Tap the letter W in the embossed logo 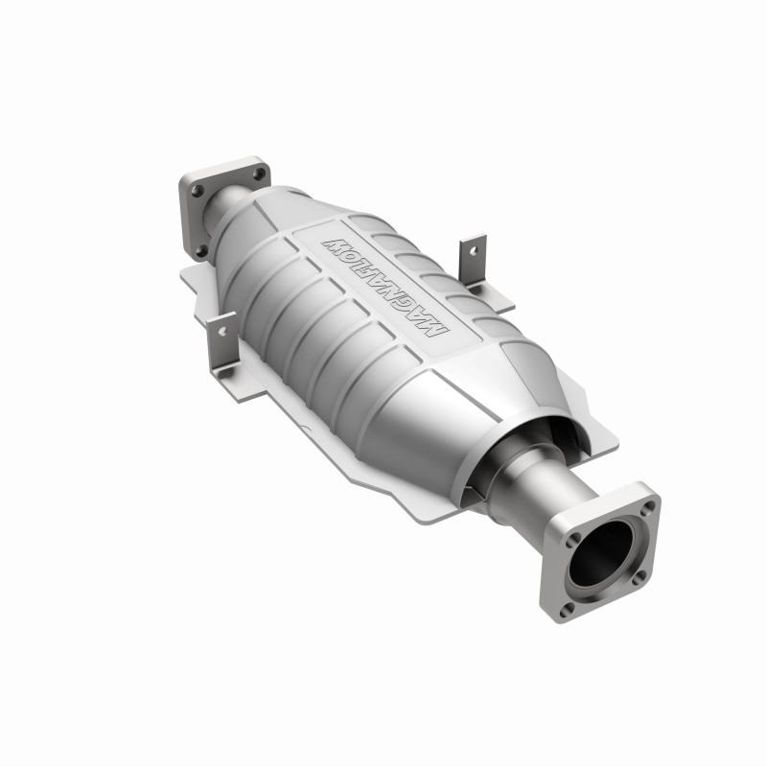(x=337, y=238)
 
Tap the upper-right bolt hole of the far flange (x=254, y=174)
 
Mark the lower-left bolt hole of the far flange (x=201, y=250)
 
